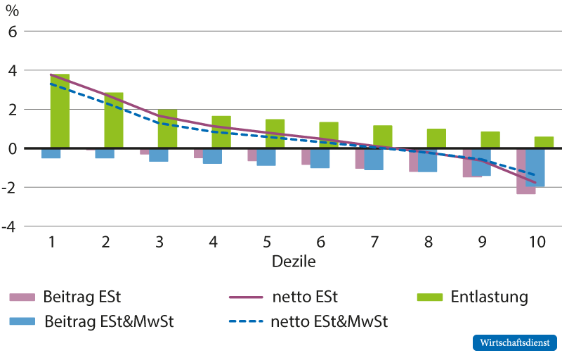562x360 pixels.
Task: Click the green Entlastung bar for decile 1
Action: coord(60,111)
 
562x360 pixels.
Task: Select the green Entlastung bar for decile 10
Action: coord(544,142)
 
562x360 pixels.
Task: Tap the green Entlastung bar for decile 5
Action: coord(275,134)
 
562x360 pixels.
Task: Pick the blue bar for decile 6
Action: coord(320,158)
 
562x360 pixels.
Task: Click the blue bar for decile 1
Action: coord(51,153)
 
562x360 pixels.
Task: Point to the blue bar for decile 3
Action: coord(159,155)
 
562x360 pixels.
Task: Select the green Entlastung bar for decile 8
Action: coord(436,138)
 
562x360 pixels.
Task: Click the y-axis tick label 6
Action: coord(13,32)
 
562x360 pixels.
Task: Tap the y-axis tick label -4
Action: coord(9,227)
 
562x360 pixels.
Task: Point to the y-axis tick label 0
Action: coord(13,148)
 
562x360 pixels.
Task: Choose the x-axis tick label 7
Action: coord(374,242)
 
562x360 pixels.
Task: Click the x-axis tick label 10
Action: coord(537,242)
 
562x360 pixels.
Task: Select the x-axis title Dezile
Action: coord(294,262)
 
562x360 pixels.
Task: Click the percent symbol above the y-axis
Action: coord(12,11)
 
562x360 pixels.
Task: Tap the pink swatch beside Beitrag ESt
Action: coord(22,297)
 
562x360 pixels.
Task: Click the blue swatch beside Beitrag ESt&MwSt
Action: coord(22,321)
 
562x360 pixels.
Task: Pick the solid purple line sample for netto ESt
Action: coord(247,297)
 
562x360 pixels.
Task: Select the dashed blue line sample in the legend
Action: coord(247,321)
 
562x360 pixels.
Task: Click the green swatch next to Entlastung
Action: coord(430,297)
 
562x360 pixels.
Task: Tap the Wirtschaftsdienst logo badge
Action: coord(515,343)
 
